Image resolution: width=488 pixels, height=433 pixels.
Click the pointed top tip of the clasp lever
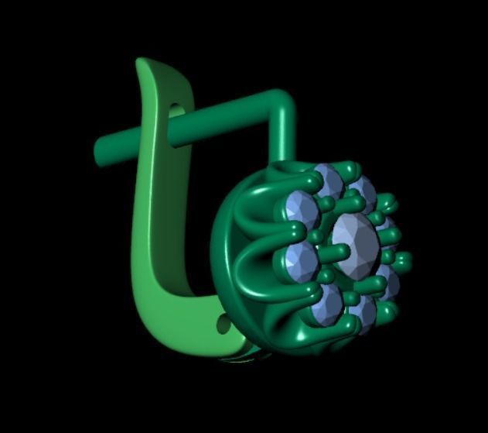pyautogui.click(x=142, y=62)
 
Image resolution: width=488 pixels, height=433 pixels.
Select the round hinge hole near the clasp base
pyautogui.click(x=224, y=325)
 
